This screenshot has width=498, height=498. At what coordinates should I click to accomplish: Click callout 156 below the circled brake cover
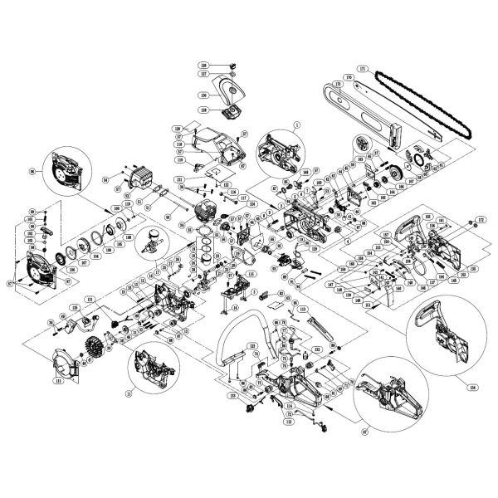click(474, 386)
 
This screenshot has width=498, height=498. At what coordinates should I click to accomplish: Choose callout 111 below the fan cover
click(59, 383)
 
